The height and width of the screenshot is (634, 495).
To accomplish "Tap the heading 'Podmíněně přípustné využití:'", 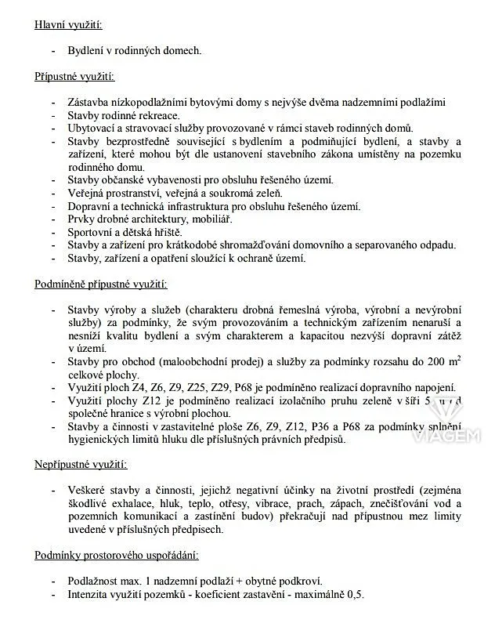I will pyautogui.click(x=101, y=284).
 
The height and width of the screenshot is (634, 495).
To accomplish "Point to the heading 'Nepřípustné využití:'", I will pyautogui.click(x=81, y=465).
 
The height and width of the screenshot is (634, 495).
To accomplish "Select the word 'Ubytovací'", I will pyautogui.click(x=92, y=128).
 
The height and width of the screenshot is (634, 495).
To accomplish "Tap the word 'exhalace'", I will pyautogui.click(x=137, y=503).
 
